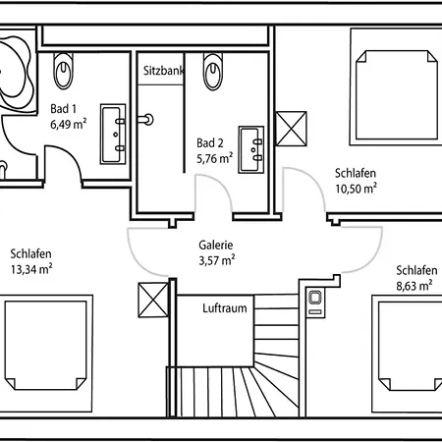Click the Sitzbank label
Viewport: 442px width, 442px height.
[x=163, y=71]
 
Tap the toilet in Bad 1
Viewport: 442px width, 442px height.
[x=64, y=71]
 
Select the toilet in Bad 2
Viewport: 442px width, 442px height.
[x=213, y=72]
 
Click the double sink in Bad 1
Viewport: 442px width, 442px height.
[x=113, y=135]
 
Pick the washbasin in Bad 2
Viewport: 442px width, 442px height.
[x=251, y=149]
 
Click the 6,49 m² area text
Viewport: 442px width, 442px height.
[x=69, y=125]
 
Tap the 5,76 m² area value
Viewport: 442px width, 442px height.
[x=215, y=158]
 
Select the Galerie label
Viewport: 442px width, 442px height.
[x=216, y=245]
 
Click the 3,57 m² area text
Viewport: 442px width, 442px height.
[x=217, y=260]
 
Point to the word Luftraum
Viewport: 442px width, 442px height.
[x=225, y=308]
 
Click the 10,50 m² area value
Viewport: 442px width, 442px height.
[x=356, y=189]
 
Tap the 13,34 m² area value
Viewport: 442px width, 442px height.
[x=31, y=269]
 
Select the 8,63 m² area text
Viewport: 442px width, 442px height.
[x=414, y=286]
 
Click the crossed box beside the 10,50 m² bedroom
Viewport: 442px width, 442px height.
[x=292, y=129]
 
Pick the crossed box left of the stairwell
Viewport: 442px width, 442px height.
[x=153, y=301]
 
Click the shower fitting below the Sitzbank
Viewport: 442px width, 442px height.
[x=145, y=120]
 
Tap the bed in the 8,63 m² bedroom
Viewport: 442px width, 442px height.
[x=408, y=354]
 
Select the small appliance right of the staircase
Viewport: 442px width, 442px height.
[x=315, y=302]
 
